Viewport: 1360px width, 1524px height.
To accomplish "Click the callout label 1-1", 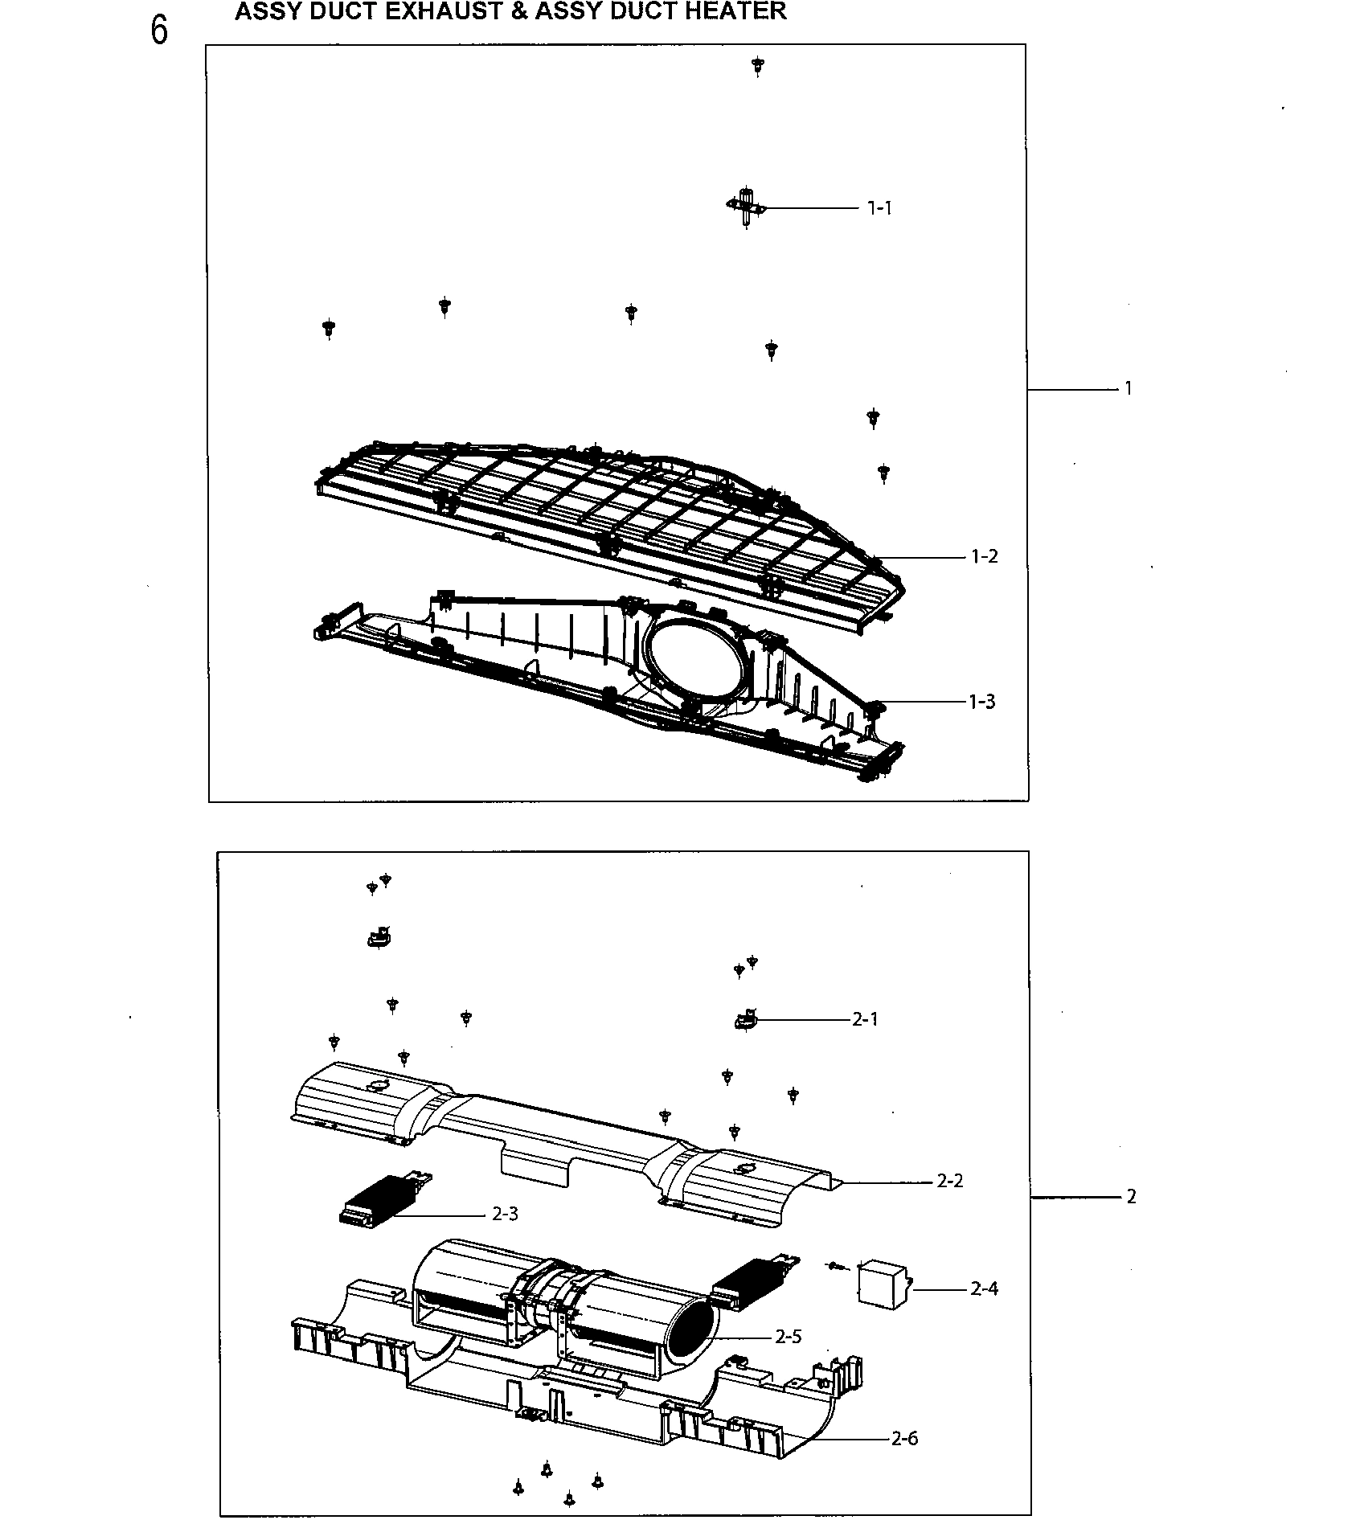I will pyautogui.click(x=879, y=208).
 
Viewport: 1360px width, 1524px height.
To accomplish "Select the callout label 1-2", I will pyautogui.click(x=984, y=556).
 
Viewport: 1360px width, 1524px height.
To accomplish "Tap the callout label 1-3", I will pyautogui.click(x=981, y=702).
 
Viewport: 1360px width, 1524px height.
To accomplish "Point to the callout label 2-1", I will pyautogui.click(x=865, y=1019).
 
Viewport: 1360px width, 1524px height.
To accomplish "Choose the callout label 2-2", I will pyautogui.click(x=949, y=1181).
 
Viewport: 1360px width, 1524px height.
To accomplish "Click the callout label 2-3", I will pyautogui.click(x=505, y=1214).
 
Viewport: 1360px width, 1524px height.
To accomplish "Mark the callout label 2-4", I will pyautogui.click(x=984, y=1288).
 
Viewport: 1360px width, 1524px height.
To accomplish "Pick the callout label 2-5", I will pyautogui.click(x=788, y=1337).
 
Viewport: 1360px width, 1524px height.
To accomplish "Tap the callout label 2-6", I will pyautogui.click(x=904, y=1438).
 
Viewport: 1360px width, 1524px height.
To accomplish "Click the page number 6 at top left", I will pyautogui.click(x=159, y=31).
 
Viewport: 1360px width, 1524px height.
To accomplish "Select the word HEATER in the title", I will pyautogui.click(x=735, y=11).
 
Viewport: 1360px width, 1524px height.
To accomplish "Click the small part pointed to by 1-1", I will pyautogui.click(x=747, y=207).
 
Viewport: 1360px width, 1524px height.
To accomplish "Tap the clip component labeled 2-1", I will pyautogui.click(x=744, y=1020).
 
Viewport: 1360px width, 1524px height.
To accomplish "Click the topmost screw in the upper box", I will pyautogui.click(x=757, y=65).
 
